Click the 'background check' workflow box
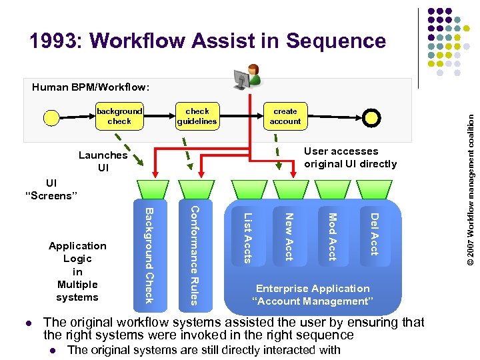pyautogui.click(x=119, y=116)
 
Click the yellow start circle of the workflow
pyautogui.click(x=51, y=119)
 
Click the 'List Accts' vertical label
pyautogui.click(x=247, y=237)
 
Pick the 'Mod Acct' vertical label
pyautogui.click(x=332, y=236)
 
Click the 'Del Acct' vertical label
pyautogui.click(x=374, y=233)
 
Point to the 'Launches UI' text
pyautogui.click(x=103, y=161)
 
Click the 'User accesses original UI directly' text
pyautogui.click(x=350, y=157)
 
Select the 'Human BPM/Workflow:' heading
pyautogui.click(x=91, y=87)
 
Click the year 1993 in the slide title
pyautogui.click(x=55, y=41)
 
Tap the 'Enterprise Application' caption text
pyautogui.click(x=313, y=289)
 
